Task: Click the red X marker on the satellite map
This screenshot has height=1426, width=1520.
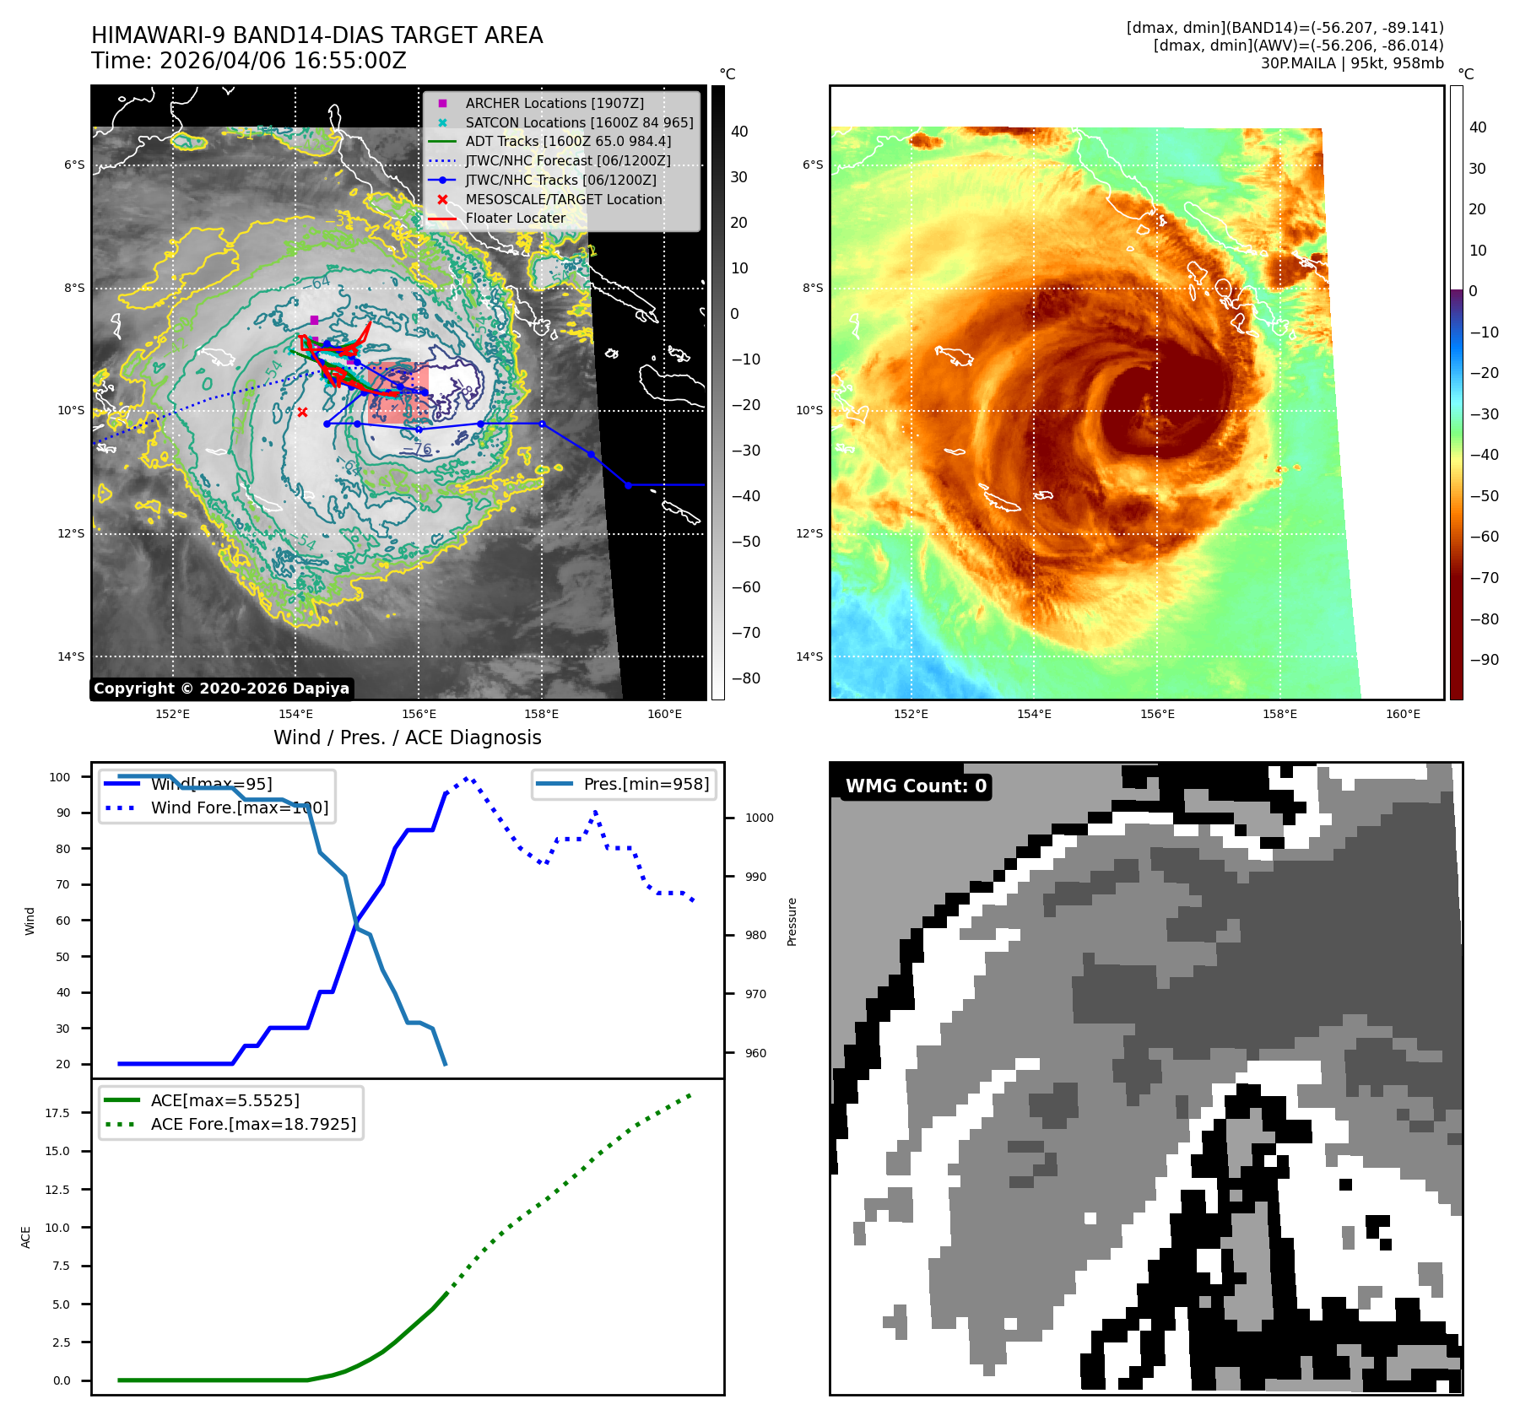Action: click(x=302, y=412)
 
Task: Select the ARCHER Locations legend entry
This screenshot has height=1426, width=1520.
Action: click(x=554, y=103)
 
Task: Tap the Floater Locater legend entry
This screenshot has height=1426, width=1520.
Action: click(x=515, y=218)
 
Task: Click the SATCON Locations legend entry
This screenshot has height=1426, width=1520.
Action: click(x=579, y=122)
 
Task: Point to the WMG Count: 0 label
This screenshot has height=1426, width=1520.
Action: click(x=916, y=786)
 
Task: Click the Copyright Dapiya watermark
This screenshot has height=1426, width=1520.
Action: click(x=221, y=689)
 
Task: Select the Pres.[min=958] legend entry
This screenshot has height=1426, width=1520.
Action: click(x=646, y=784)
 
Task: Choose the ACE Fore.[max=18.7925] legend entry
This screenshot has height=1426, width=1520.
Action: click(x=253, y=1124)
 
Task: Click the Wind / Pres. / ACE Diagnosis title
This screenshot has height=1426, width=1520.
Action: click(x=408, y=737)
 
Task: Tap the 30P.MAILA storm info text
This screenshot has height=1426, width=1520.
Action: click(x=1352, y=63)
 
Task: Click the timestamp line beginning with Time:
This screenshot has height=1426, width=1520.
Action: click(x=249, y=61)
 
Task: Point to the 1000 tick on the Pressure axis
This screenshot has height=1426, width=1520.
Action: click(x=759, y=818)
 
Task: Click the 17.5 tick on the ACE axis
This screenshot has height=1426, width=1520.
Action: click(x=57, y=1113)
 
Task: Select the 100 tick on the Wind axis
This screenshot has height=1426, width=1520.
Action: click(x=60, y=777)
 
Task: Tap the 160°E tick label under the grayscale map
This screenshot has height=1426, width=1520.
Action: click(x=664, y=714)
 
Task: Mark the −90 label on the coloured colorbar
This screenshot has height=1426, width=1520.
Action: click(x=1484, y=660)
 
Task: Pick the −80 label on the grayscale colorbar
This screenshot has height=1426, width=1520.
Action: click(x=745, y=678)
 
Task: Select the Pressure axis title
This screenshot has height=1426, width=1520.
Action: click(x=792, y=921)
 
